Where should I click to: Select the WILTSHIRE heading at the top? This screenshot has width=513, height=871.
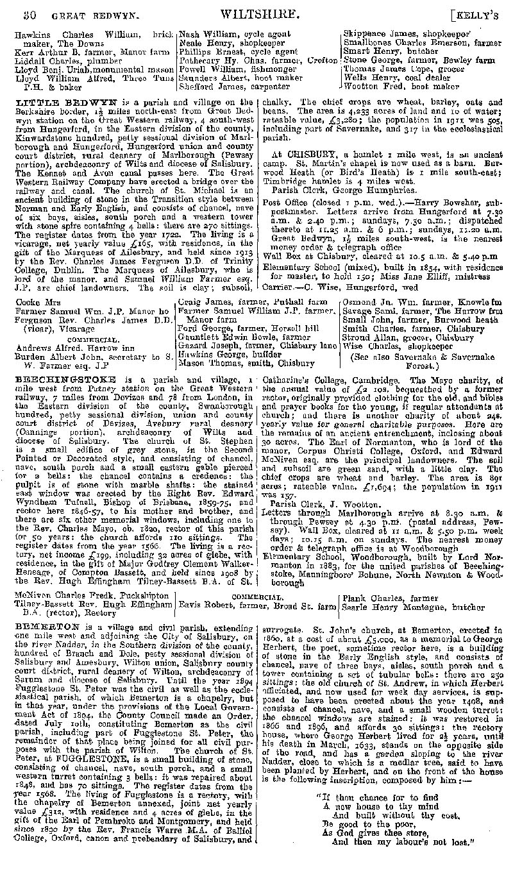tap(255, 12)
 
